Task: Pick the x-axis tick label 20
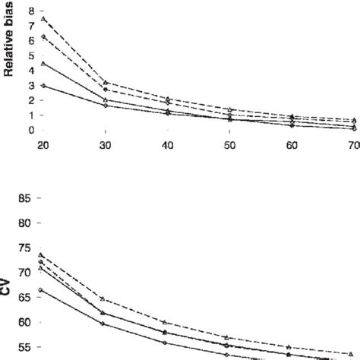click(43, 145)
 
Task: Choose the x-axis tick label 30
click(106, 145)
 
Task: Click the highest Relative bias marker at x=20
click(43, 18)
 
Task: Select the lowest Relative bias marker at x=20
click(43, 86)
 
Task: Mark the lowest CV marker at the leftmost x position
click(43, 290)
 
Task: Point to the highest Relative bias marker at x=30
click(106, 82)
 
